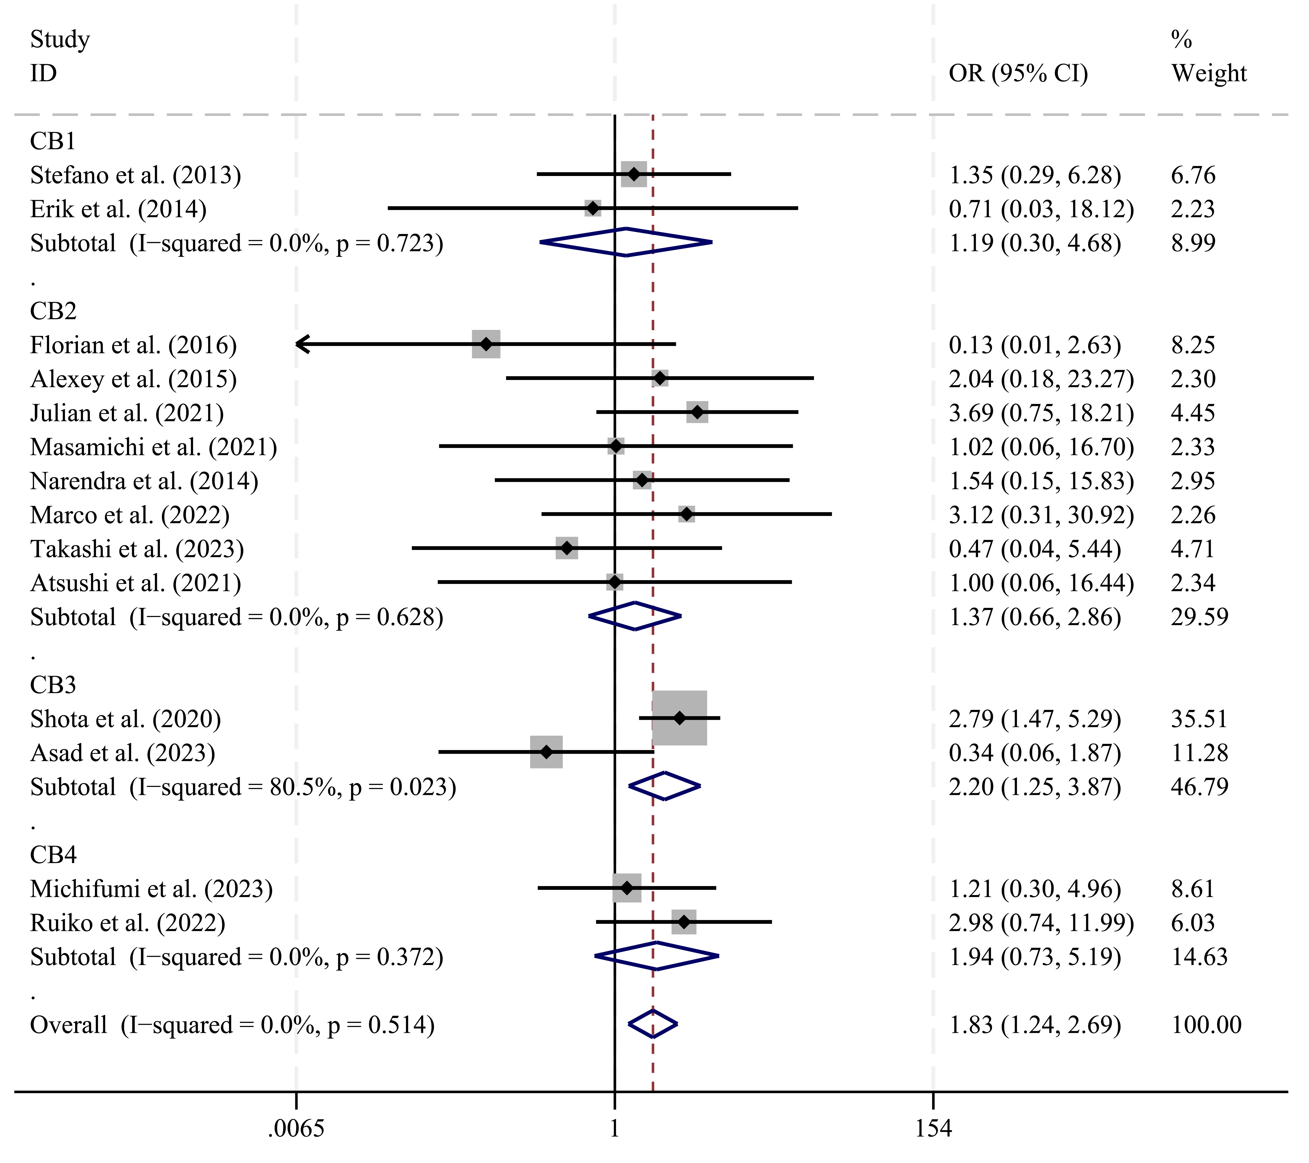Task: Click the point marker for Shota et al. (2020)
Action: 680,719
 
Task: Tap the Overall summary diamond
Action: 653,1025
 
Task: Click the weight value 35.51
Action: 1199,719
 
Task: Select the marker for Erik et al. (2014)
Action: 593,208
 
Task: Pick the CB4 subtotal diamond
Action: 656,956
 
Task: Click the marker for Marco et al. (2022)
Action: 686,514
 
